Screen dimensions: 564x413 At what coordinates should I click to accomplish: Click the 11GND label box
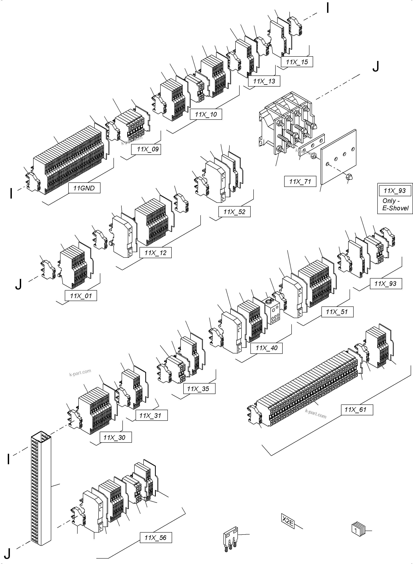(x=84, y=188)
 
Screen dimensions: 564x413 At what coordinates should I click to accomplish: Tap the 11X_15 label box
(x=297, y=62)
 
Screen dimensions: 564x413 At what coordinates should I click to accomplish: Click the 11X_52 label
(x=234, y=212)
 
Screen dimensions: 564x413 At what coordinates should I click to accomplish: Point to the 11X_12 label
(x=155, y=253)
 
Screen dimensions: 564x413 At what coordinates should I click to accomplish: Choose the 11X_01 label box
(x=81, y=296)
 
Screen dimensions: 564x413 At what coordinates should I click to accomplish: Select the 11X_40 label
(x=267, y=348)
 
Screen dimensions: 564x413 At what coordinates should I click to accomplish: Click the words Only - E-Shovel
(x=395, y=204)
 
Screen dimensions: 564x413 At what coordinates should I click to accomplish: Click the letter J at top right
(x=376, y=67)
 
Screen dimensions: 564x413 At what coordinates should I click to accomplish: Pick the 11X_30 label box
(x=114, y=437)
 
